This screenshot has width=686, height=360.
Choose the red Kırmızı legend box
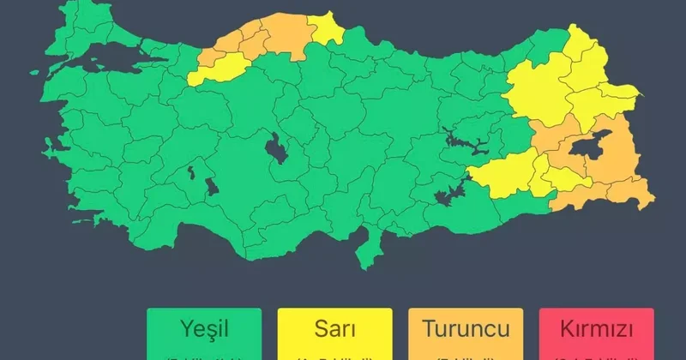596,333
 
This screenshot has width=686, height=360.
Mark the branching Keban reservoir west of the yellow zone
460,141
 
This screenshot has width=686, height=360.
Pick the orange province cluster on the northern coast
257,39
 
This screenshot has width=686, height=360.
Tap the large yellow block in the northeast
557,86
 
